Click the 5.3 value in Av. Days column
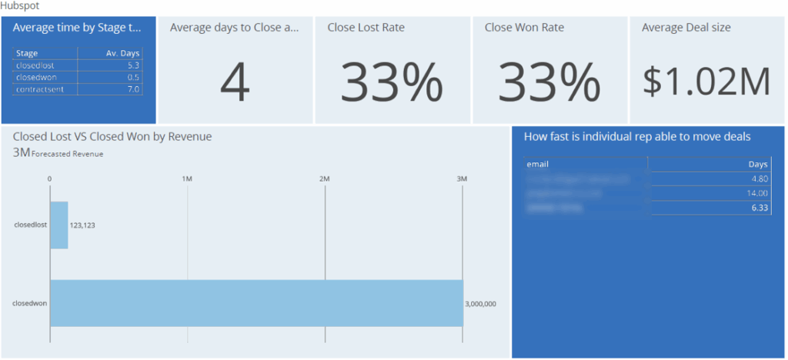[133, 65]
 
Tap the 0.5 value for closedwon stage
[133, 78]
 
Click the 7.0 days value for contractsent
[133, 90]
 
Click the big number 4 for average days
[235, 83]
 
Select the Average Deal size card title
[686, 28]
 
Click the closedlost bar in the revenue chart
[59, 225]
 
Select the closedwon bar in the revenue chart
[256, 303]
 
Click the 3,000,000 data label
[481, 304]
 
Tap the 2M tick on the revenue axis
[325, 178]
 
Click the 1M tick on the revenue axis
[187, 178]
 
